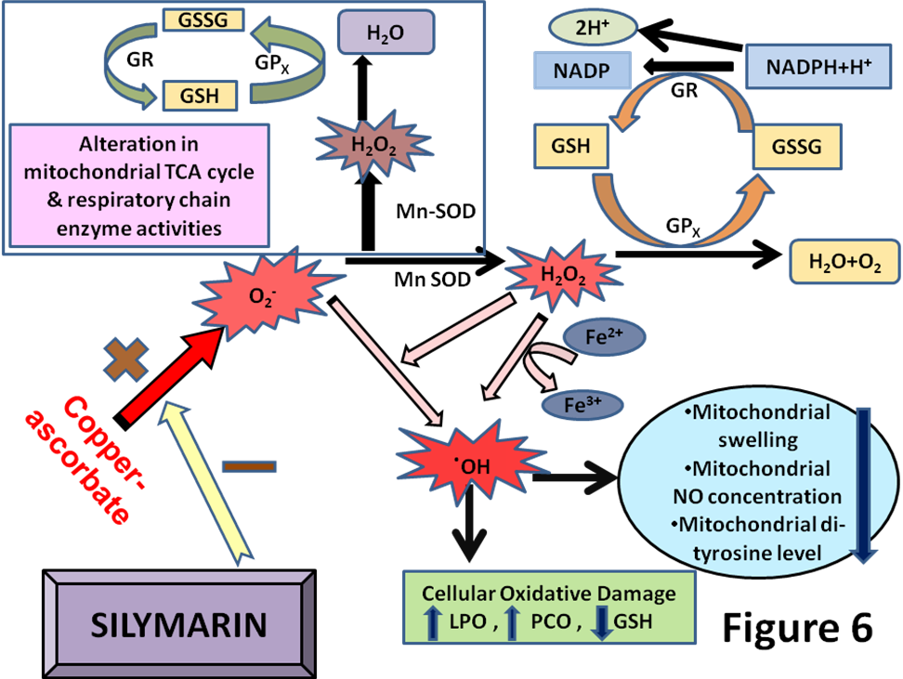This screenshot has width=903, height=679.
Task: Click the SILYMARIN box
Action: click(x=179, y=622)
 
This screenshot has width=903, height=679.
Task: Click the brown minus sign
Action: click(x=248, y=465)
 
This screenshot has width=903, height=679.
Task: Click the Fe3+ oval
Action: click(x=582, y=404)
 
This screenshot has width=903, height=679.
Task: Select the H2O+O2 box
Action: click(x=844, y=262)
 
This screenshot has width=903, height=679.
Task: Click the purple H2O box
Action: click(x=385, y=33)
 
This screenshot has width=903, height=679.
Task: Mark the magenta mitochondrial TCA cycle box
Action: click(x=139, y=186)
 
